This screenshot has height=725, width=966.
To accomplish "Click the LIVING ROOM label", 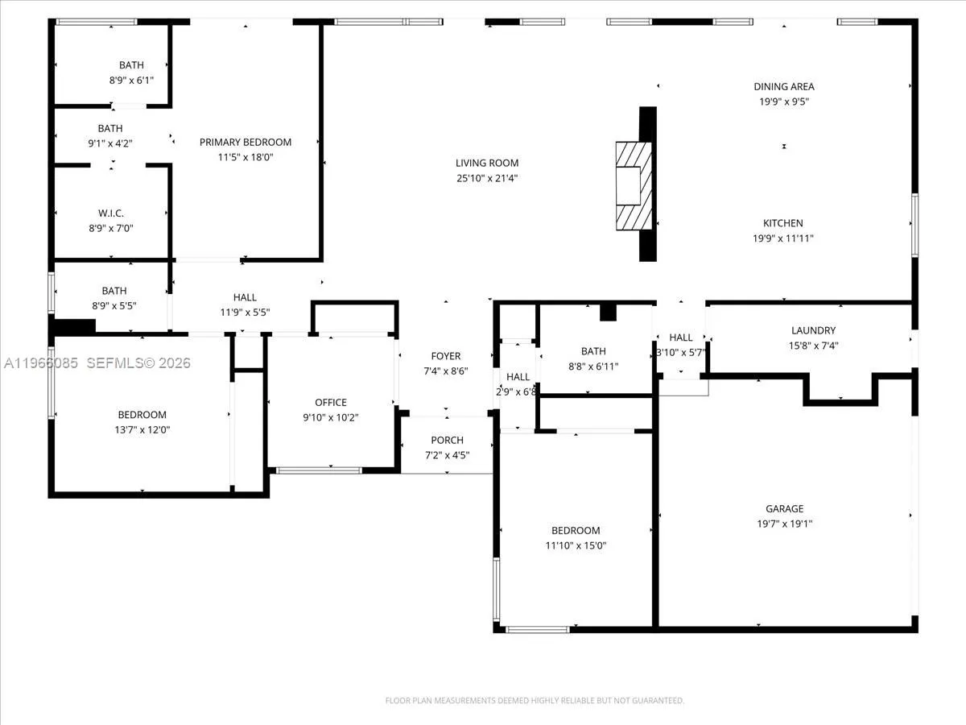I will coord(487,163).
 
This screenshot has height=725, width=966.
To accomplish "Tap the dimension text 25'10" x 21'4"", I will coord(487,178).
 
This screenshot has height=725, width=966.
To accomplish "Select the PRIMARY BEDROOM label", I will coord(246,142).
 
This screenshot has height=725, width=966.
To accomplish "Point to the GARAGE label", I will coord(784,508).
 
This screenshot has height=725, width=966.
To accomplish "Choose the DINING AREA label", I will coord(783,86).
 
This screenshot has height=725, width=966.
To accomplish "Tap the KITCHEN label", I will coord(783,223).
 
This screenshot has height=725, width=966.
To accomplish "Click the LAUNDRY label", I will coord(813,330).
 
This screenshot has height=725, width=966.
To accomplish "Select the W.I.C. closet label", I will coord(110,213).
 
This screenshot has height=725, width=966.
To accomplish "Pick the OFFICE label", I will coord(331,402).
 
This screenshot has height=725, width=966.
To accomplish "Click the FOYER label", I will coord(446,356).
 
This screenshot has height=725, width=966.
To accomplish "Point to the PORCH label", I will coord(447,440).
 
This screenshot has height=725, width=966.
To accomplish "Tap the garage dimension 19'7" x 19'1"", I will coord(784,524).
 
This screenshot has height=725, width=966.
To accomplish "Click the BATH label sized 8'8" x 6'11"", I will coord(593,351).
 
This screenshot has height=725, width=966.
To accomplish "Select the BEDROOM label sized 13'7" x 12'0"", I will coord(142,415).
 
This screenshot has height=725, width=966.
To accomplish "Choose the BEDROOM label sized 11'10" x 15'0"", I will coord(576,530).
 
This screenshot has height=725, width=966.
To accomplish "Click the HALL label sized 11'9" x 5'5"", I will coord(245,297).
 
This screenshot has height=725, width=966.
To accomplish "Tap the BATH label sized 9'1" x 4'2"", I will coord(110,128).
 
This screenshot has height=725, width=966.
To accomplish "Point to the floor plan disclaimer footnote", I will coord(535,701).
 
